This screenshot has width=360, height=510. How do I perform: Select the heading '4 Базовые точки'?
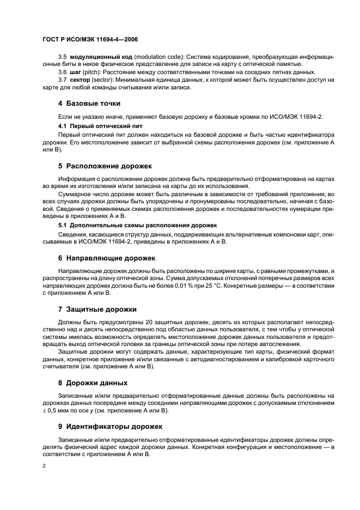coord(89,103)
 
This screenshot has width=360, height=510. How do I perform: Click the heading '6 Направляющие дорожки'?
coord(107,257)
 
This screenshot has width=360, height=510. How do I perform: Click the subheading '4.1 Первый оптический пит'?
coord(96,125)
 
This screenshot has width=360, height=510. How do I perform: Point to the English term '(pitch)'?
coord(93,72)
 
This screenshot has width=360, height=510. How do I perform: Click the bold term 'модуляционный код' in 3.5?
coord(94,57)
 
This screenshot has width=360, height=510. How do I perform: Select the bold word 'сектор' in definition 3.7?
coord(79,80)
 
